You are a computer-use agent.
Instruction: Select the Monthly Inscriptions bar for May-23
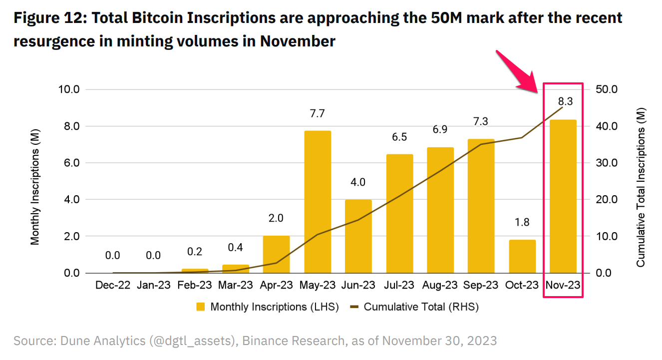[x=317, y=202]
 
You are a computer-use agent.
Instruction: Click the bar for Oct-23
[x=522, y=256]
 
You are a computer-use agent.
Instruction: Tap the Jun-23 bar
[x=358, y=236]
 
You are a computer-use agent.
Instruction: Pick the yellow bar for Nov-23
[x=563, y=196]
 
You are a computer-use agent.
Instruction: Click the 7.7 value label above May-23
[x=317, y=114]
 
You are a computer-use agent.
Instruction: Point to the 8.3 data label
[x=565, y=101]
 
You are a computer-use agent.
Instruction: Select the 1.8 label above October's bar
[x=522, y=222]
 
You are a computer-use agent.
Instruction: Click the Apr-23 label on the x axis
[x=276, y=285]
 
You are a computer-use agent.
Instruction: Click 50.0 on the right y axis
[x=607, y=89]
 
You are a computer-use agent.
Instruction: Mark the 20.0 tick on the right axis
[x=607, y=200]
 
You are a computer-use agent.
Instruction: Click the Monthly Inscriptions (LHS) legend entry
[x=268, y=307]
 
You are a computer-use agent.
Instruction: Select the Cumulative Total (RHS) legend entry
[x=415, y=307]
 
